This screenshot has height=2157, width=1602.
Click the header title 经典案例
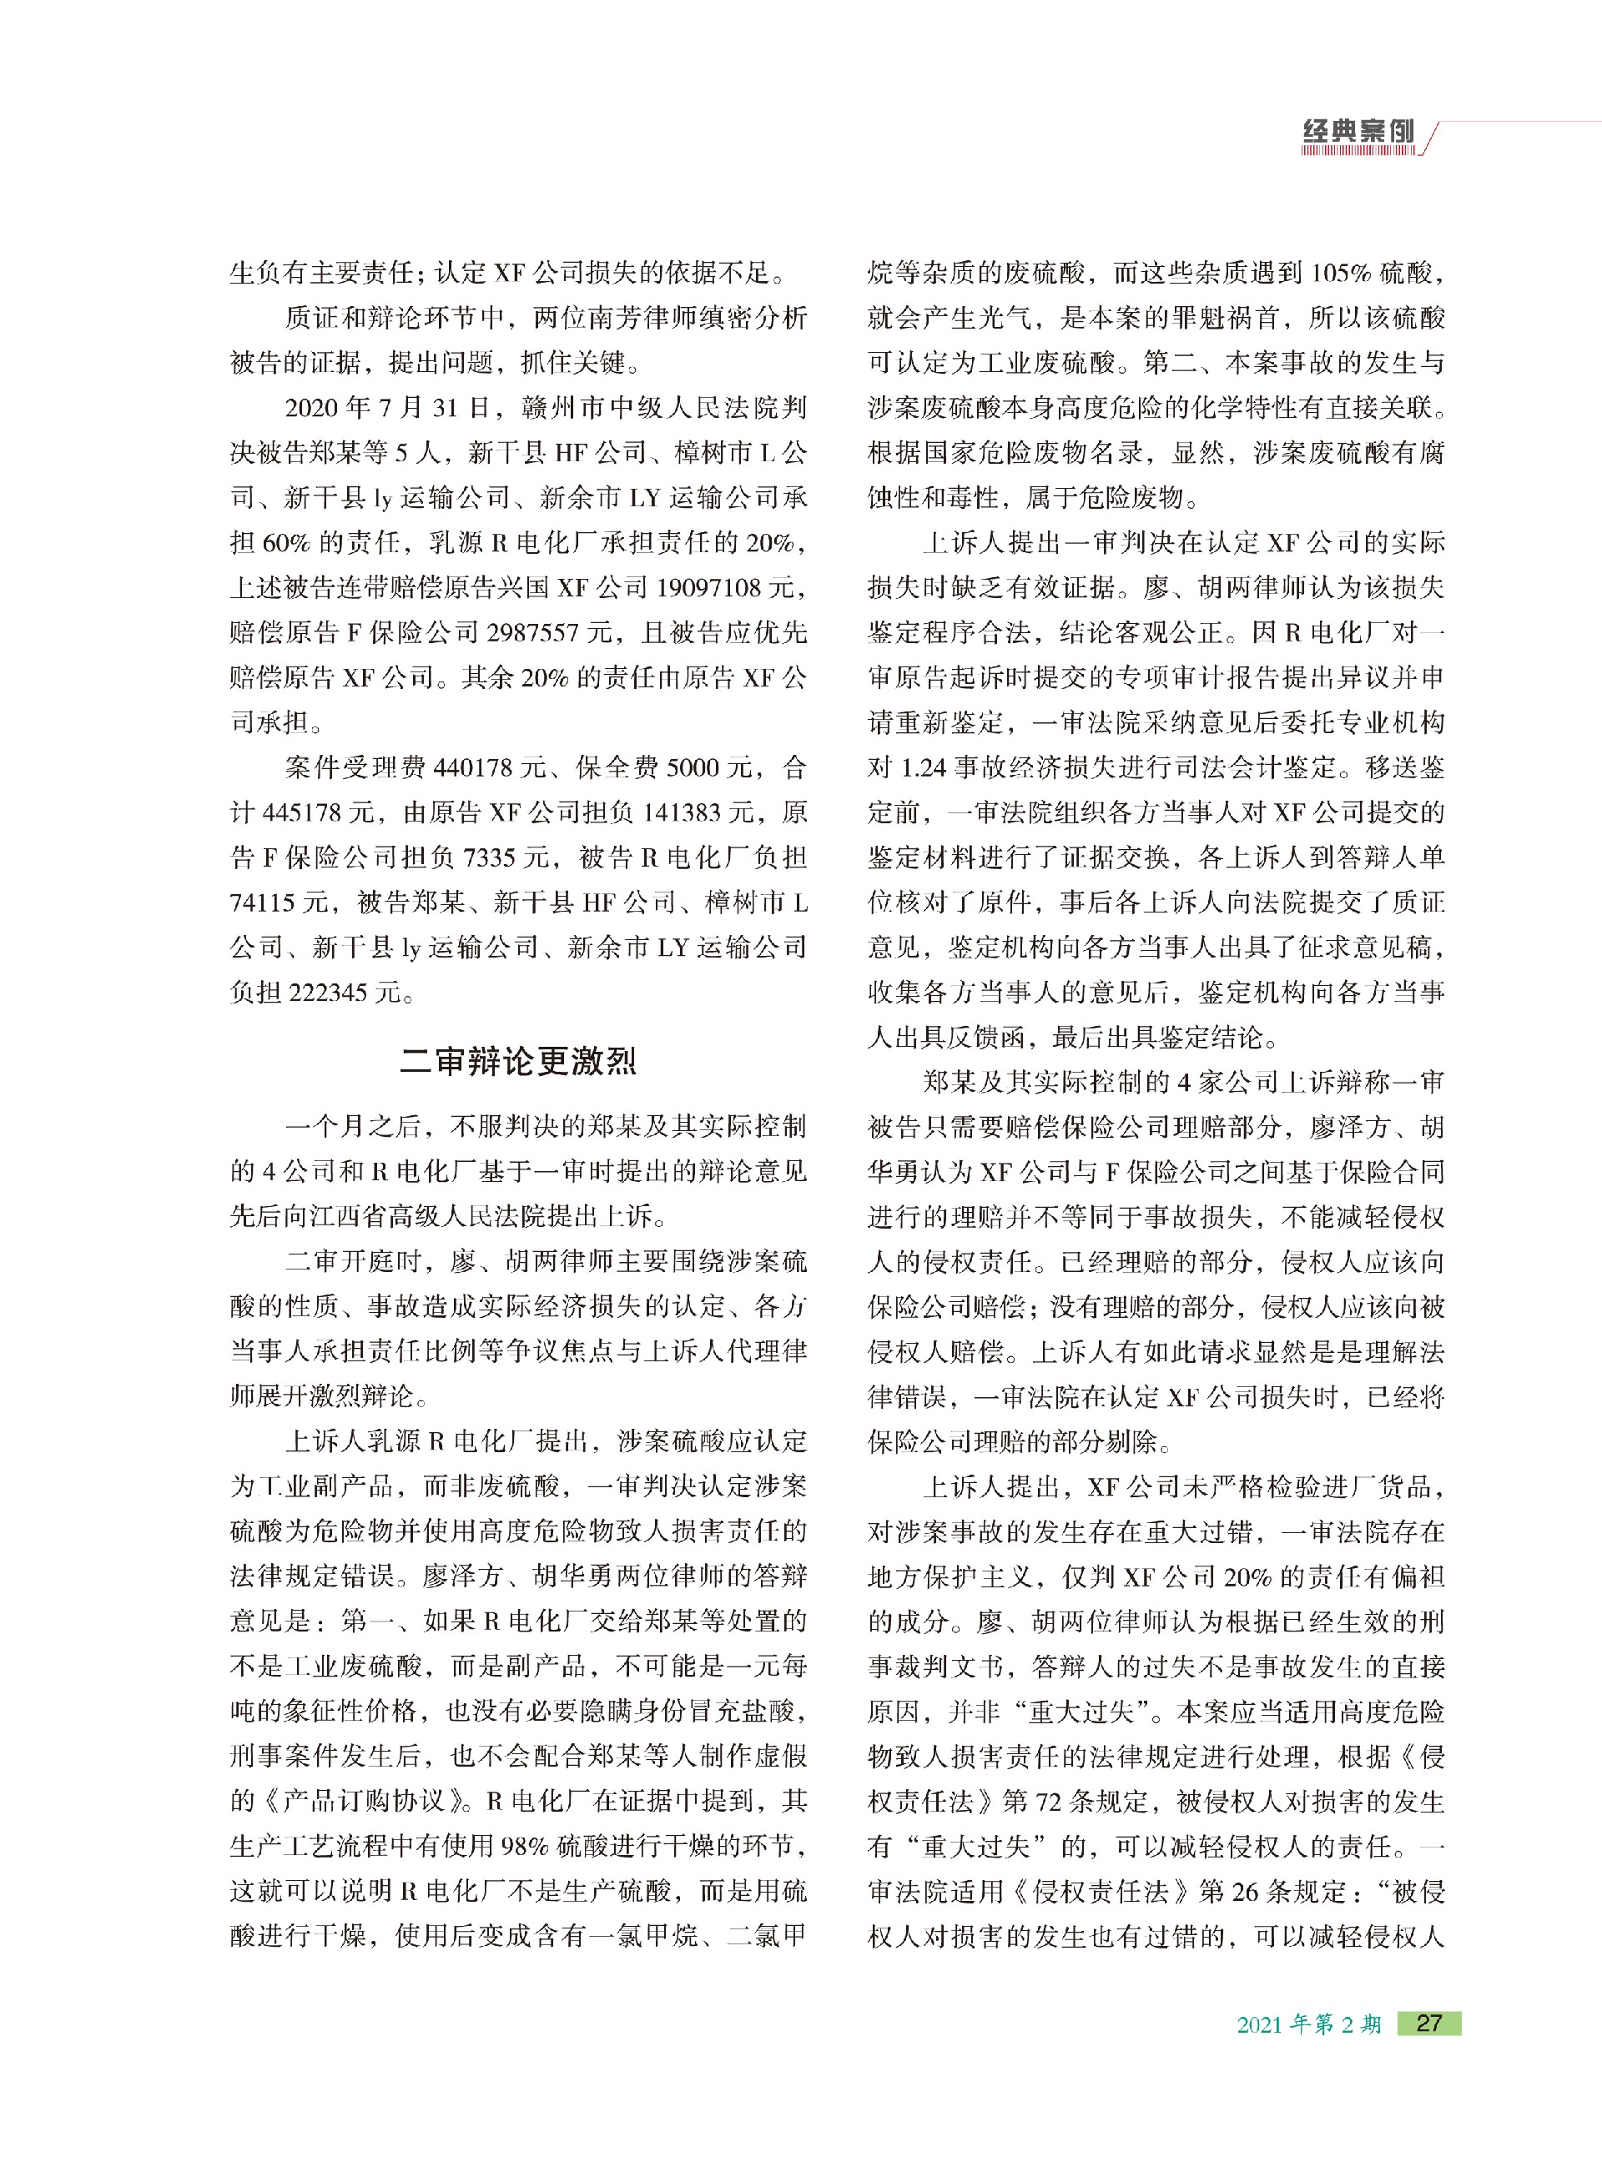coord(1358,132)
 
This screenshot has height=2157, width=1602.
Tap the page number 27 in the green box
coord(1428,2024)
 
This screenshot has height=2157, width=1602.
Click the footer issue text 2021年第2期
coord(1308,2024)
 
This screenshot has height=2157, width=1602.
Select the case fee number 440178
coord(472,767)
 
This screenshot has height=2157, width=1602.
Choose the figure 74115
coord(264,903)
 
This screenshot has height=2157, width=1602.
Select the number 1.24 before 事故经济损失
coord(921,767)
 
